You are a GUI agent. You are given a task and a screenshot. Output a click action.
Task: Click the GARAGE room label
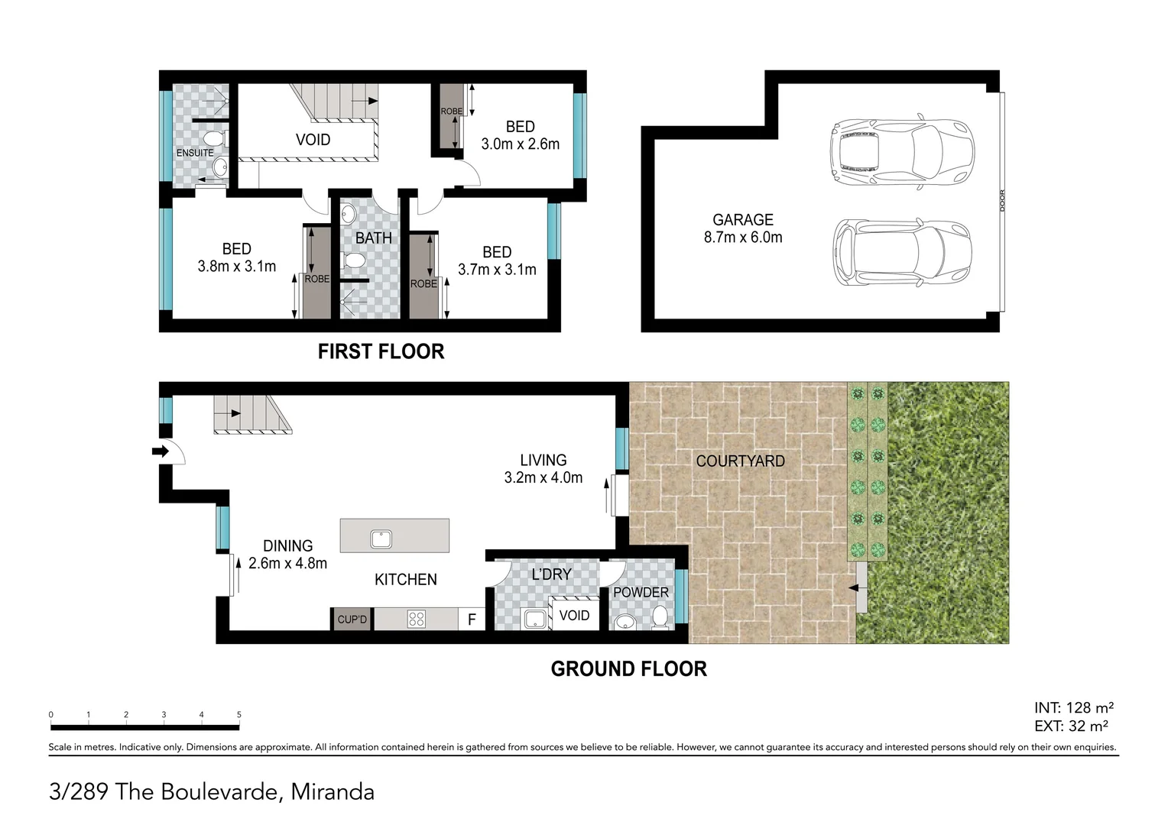pyautogui.click(x=742, y=220)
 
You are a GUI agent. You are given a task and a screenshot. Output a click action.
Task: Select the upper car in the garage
pyautogui.click(x=901, y=153)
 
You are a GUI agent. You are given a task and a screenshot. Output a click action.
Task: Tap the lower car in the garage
pyautogui.click(x=901, y=253)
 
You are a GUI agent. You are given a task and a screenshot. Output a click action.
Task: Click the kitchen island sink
pyautogui.click(x=381, y=539)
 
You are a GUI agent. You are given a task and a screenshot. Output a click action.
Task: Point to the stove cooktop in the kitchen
pyautogui.click(x=417, y=619)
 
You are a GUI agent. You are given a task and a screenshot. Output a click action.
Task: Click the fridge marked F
pyautogui.click(x=472, y=620)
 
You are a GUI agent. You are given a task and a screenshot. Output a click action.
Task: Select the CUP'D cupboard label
pyautogui.click(x=352, y=620)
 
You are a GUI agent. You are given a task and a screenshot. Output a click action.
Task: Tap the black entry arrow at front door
pyautogui.click(x=160, y=451)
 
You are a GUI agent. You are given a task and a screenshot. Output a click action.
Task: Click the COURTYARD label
pyautogui.click(x=740, y=461)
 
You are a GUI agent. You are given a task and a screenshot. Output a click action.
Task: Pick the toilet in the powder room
pyautogui.click(x=660, y=616)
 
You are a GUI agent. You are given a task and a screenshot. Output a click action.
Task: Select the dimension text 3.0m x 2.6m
pyautogui.click(x=520, y=144)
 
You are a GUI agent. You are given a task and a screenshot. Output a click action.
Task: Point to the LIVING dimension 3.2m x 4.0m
pyautogui.click(x=543, y=478)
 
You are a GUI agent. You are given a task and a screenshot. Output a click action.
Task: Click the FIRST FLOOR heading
pyautogui.click(x=381, y=351)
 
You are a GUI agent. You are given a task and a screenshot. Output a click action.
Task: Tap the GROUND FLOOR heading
pyautogui.click(x=628, y=669)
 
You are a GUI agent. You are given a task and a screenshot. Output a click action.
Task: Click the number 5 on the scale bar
pyautogui.click(x=238, y=715)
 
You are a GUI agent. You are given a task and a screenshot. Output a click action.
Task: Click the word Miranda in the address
pyautogui.click(x=333, y=792)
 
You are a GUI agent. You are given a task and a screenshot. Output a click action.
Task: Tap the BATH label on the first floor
pyautogui.click(x=373, y=238)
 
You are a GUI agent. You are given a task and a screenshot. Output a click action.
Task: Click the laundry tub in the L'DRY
pyautogui.click(x=535, y=619)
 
